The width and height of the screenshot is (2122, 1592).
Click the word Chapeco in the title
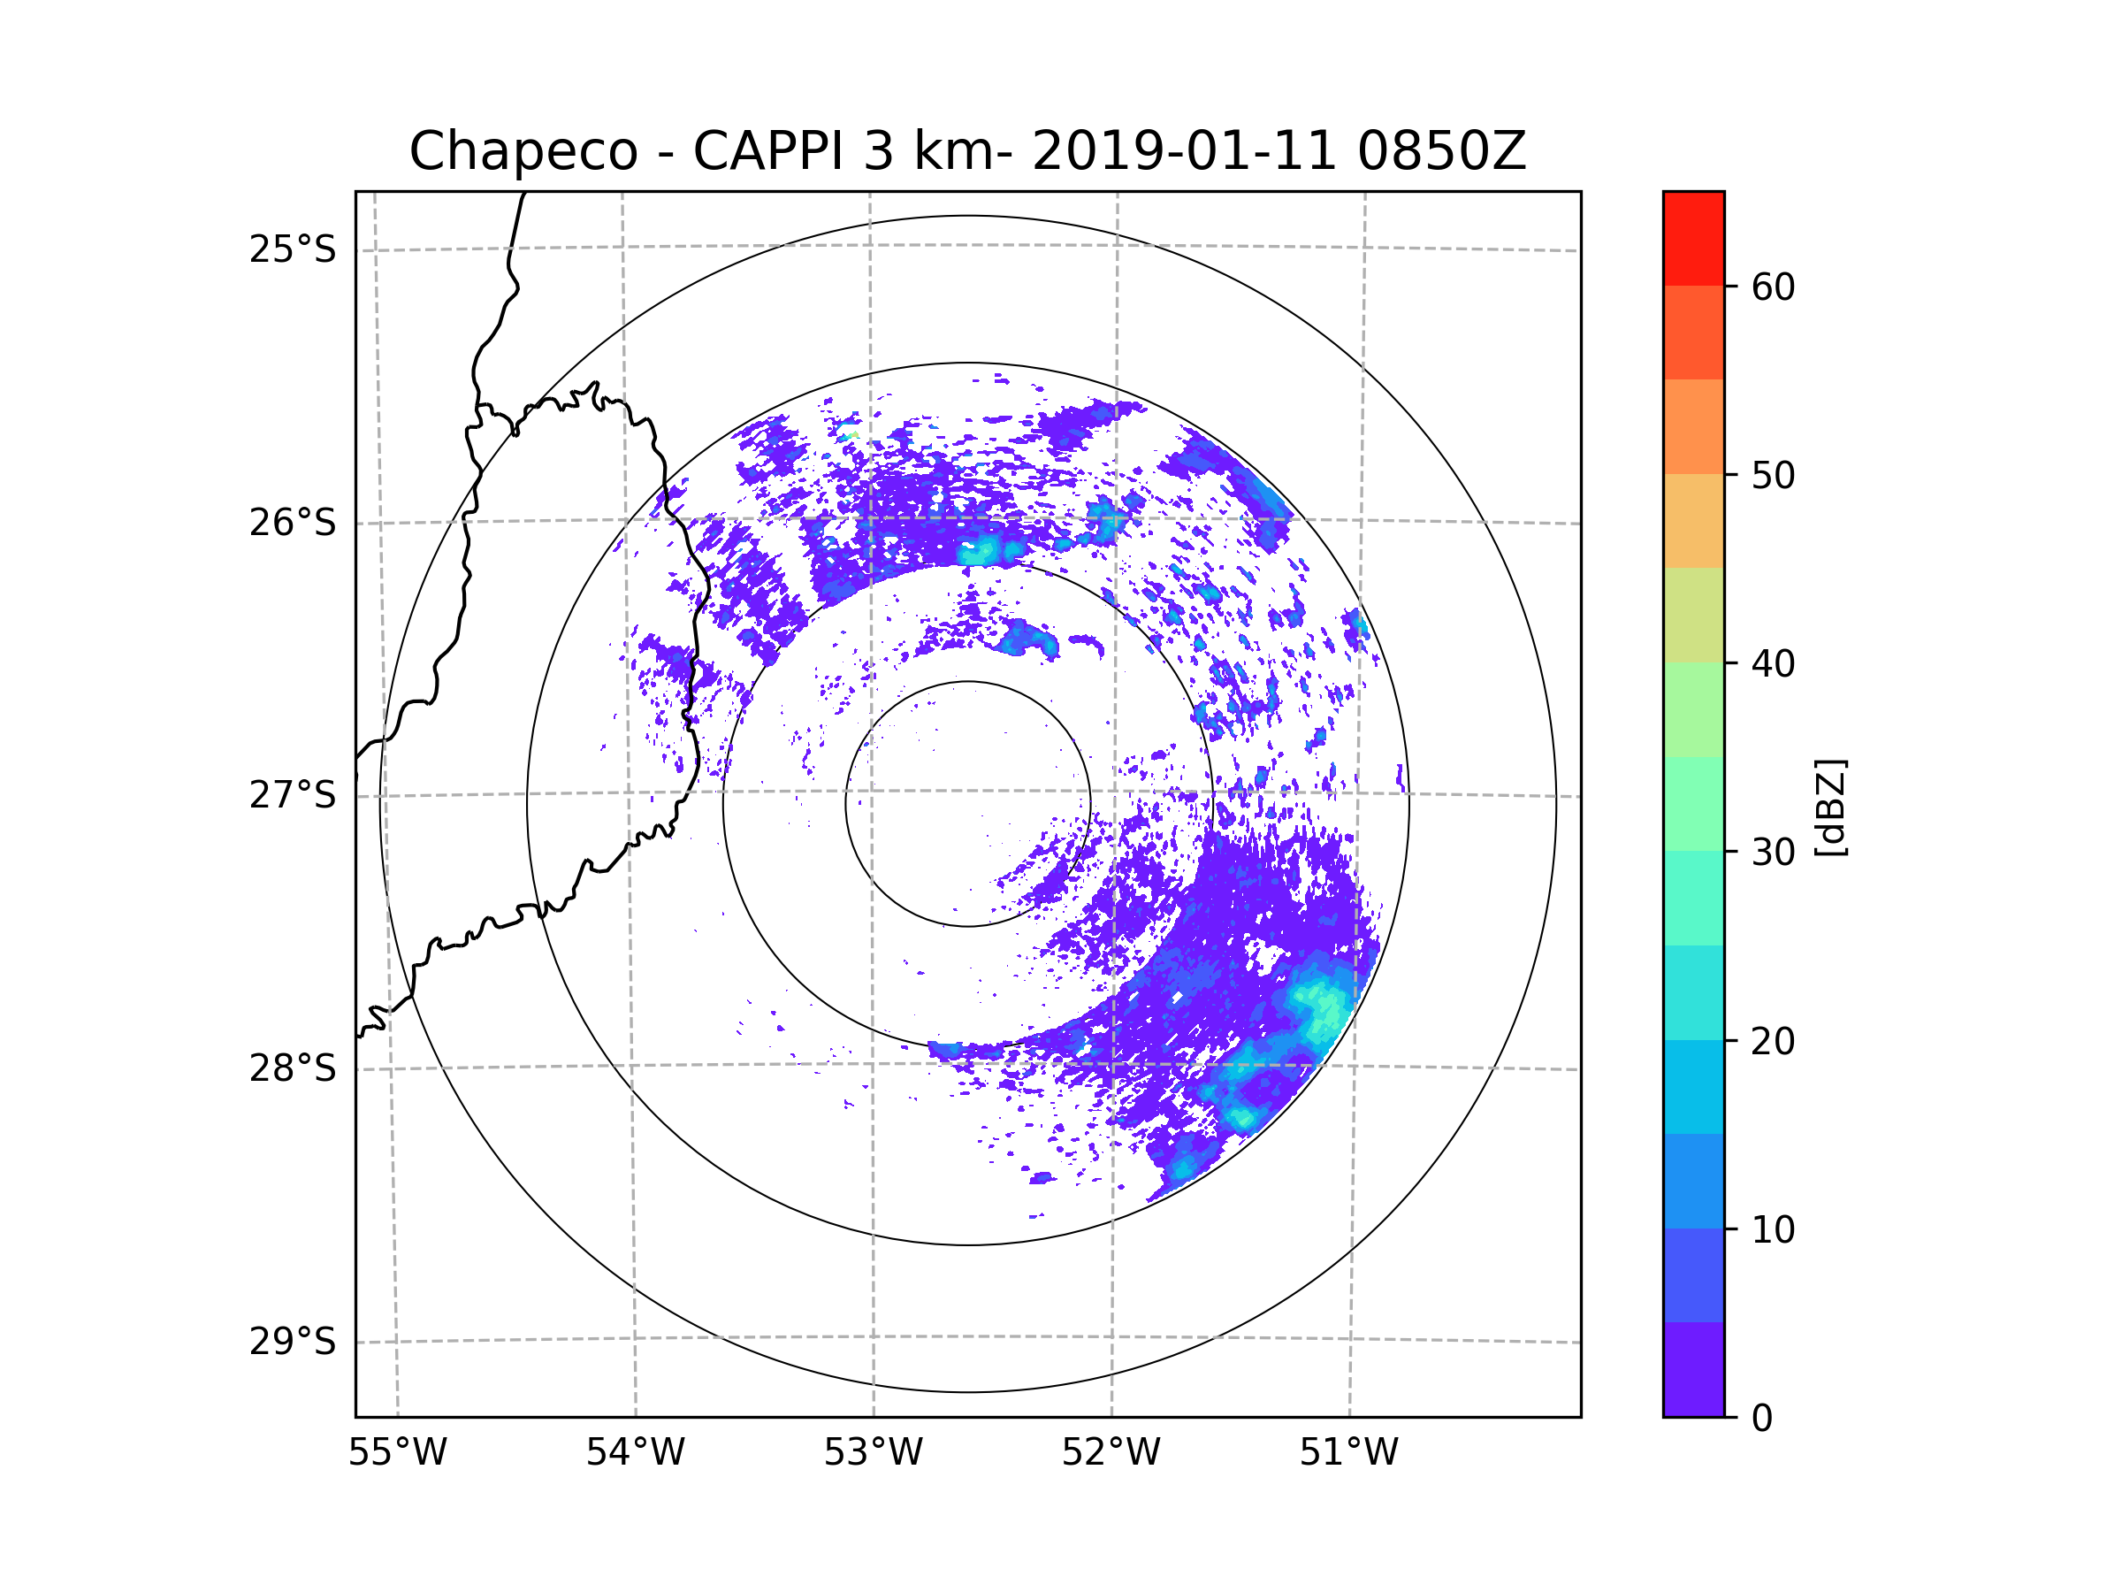click(523, 151)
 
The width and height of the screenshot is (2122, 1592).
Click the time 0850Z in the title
click(1440, 151)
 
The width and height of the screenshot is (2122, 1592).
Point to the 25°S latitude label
click(293, 249)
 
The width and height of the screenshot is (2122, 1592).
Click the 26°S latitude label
click(293, 523)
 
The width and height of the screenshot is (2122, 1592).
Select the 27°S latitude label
click(293, 795)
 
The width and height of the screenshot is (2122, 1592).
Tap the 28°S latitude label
click(293, 1068)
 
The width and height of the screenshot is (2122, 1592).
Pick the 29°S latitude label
click(293, 1342)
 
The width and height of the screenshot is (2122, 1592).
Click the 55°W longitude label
click(397, 1453)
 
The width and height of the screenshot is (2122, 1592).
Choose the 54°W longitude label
click(635, 1453)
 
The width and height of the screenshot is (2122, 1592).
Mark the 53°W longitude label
click(873, 1453)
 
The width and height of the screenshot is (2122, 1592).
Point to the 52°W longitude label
click(1111, 1453)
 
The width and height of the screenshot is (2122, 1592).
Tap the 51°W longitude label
click(1348, 1453)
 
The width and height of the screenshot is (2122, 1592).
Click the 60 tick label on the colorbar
click(1773, 287)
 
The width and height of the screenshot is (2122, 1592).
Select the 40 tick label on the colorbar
click(1773, 664)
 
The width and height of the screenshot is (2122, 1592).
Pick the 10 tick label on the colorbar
click(1773, 1230)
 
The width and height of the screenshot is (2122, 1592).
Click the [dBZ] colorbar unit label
click(1830, 807)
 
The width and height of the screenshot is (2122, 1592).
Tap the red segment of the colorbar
click(1693, 238)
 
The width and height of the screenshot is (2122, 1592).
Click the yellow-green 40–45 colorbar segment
click(1693, 615)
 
